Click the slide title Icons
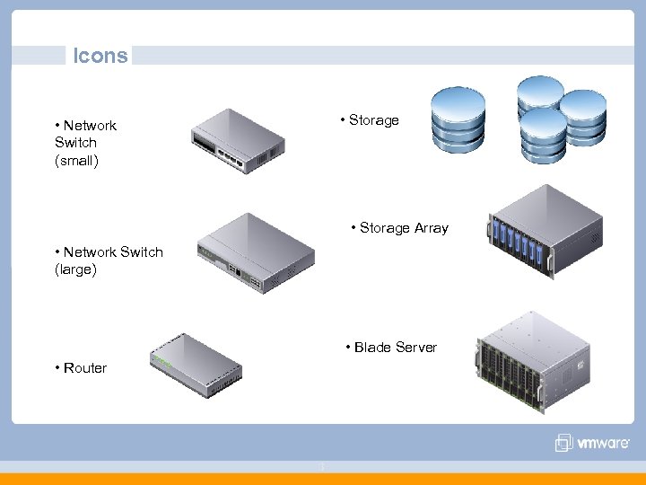[x=100, y=56]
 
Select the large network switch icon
[x=257, y=254]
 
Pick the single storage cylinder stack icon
[x=458, y=119]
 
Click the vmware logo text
[x=603, y=443]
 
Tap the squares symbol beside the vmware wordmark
[x=563, y=443]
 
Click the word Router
[x=84, y=368]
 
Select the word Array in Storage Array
[x=429, y=228]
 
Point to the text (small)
[x=76, y=160]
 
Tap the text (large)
[x=75, y=269]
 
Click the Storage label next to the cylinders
[x=373, y=120]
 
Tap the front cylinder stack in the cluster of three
[x=543, y=137]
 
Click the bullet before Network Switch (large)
[x=57, y=252]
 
